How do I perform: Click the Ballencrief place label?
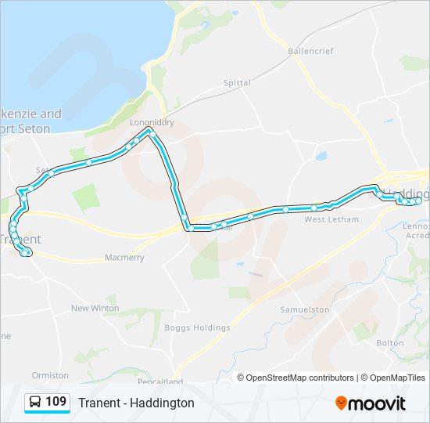click(310, 51)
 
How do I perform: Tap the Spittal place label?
click(237, 82)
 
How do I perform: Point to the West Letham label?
click(331, 219)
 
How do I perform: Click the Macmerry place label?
click(124, 258)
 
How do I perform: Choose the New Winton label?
click(95, 308)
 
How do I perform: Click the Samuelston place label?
click(305, 310)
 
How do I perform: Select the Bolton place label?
click(389, 343)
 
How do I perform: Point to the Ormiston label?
click(51, 375)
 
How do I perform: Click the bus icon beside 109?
click(35, 403)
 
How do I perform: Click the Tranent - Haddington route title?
click(136, 403)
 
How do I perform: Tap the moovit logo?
click(371, 403)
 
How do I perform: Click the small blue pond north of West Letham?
click(321, 156)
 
